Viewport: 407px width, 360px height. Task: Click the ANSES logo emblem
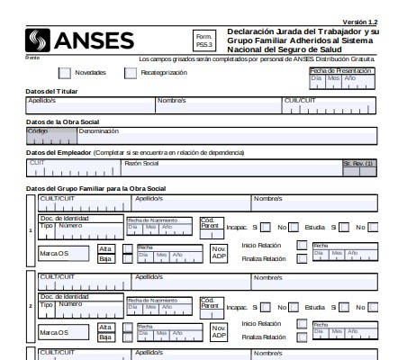(40, 40)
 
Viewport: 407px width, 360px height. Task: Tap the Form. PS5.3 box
(204, 40)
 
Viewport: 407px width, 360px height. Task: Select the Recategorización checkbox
(131, 73)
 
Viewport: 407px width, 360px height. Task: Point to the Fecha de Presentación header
(340, 69)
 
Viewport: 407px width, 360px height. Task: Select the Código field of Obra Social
(51, 136)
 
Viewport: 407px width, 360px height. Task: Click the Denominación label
(98, 131)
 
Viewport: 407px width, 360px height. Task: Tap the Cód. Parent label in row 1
(209, 224)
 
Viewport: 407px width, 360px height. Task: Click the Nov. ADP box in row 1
(219, 253)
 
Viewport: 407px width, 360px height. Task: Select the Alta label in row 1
(105, 248)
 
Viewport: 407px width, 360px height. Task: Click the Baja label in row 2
(105, 337)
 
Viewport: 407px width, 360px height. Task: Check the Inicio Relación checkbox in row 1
(303, 245)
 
